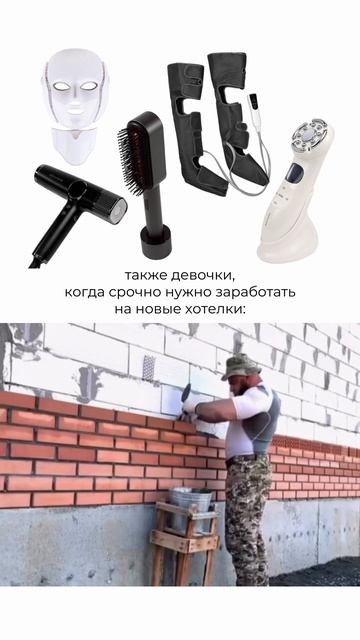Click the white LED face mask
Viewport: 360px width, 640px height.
point(76,104)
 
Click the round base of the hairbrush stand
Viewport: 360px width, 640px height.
point(155,242)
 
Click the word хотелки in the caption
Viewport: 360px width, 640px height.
point(215,309)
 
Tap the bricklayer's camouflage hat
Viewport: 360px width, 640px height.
point(241,367)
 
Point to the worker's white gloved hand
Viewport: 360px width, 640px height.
point(189,408)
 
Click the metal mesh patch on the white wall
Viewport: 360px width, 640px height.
point(149,367)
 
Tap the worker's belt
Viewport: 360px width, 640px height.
point(247,460)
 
